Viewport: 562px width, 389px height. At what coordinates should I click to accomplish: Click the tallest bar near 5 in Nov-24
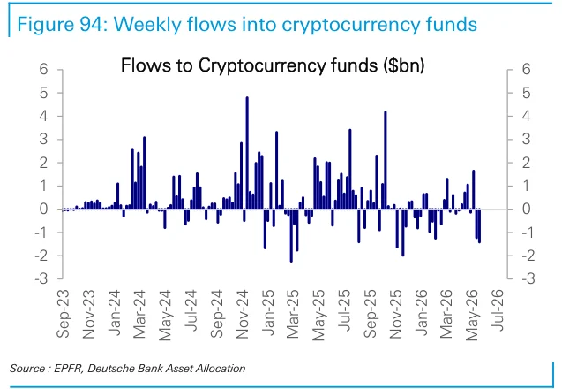click(x=247, y=153)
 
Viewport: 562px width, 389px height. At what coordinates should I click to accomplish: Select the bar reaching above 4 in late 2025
click(x=386, y=160)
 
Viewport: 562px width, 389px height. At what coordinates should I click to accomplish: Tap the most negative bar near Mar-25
click(x=291, y=236)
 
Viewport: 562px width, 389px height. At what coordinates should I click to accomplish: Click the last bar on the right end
click(x=479, y=226)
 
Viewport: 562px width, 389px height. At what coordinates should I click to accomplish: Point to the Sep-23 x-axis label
click(x=64, y=314)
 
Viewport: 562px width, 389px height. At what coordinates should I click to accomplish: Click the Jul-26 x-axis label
click(x=497, y=310)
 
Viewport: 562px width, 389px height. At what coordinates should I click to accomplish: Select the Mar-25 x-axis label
click(x=293, y=314)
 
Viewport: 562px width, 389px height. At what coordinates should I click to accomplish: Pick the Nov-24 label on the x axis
click(x=242, y=314)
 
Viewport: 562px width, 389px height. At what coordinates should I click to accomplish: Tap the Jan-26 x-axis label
click(x=421, y=312)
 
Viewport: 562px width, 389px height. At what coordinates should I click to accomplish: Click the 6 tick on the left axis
click(x=43, y=69)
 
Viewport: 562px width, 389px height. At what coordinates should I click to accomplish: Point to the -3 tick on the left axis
click(x=41, y=278)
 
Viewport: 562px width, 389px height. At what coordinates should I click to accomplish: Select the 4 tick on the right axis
click(x=526, y=116)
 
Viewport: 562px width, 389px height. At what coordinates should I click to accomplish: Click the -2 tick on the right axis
click(x=528, y=256)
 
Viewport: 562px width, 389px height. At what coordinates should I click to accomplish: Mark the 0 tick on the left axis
click(x=43, y=209)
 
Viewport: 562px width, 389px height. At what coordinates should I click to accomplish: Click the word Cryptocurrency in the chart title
click(x=262, y=66)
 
